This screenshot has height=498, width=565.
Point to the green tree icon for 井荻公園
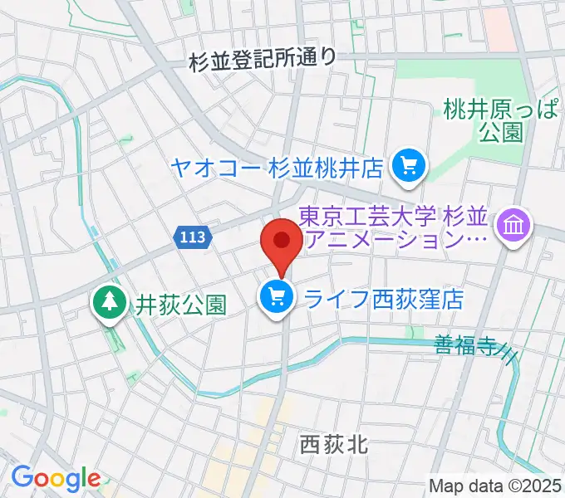tap(108, 303)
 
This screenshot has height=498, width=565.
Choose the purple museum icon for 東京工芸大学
tap(513, 226)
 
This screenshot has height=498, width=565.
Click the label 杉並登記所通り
tap(263, 59)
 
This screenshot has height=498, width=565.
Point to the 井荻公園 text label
tap(180, 305)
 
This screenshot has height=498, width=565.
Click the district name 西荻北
tap(332, 446)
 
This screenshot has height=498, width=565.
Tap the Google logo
tap(55, 478)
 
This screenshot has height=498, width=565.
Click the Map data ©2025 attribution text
tap(495, 486)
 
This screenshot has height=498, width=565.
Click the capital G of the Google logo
tap(23, 477)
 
